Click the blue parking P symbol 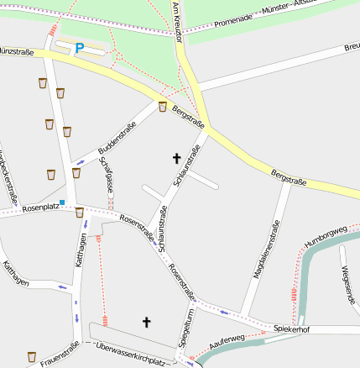[x=79, y=49]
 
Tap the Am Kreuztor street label [x=178, y=22]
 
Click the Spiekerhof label [x=291, y=329]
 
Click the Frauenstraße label [x=60, y=355]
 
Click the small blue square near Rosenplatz [x=62, y=202]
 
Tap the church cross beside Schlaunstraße [x=176, y=158]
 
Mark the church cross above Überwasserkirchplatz [x=147, y=321]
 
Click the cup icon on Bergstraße [x=163, y=107]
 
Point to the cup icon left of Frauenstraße [x=32, y=356]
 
